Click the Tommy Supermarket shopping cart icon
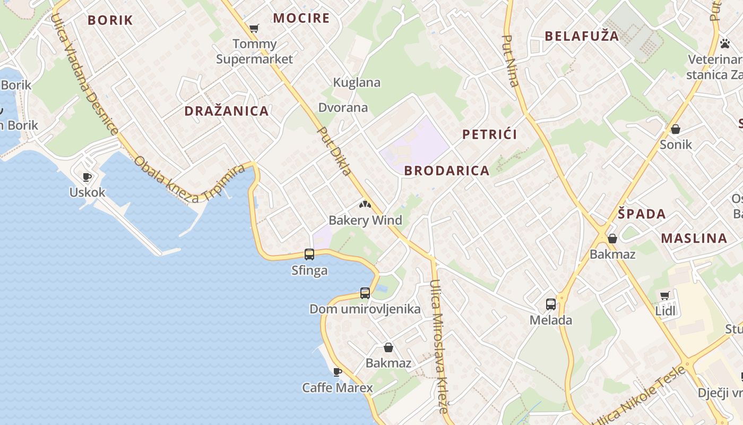click(254, 28)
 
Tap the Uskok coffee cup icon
click(87, 177)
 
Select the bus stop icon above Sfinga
click(309, 254)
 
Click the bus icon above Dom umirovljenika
click(365, 293)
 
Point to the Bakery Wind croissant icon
click(365, 205)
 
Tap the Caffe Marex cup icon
click(337, 372)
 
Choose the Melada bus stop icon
click(551, 304)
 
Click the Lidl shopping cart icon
click(665, 295)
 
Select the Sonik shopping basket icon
click(676, 129)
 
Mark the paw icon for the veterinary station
click(725, 44)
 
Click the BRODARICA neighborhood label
click(446, 171)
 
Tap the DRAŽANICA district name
click(226, 111)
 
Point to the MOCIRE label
click(301, 18)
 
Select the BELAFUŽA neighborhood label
click(582, 36)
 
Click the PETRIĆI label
click(489, 134)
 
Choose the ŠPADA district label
click(642, 214)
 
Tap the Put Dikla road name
click(334, 151)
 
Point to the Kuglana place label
click(357, 82)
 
